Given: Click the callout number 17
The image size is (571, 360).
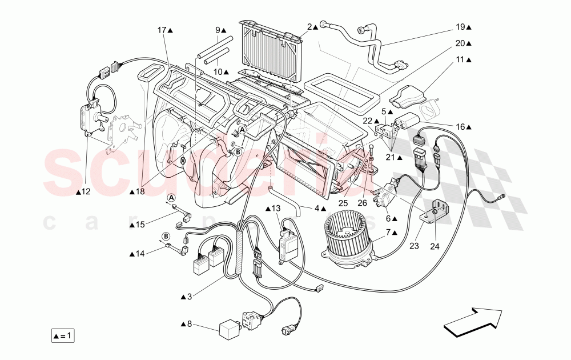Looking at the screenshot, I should tap(162, 29).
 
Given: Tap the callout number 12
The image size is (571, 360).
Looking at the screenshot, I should tap(86, 192).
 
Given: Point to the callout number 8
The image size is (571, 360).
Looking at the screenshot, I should tap(190, 324).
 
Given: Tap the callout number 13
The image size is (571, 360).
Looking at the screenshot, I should tap(276, 207).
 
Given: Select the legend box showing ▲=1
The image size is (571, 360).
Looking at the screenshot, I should tap(62, 335).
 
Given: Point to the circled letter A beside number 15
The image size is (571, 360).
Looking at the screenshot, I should tap(170, 198).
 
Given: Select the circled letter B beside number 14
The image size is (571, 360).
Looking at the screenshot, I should tap(166, 235).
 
